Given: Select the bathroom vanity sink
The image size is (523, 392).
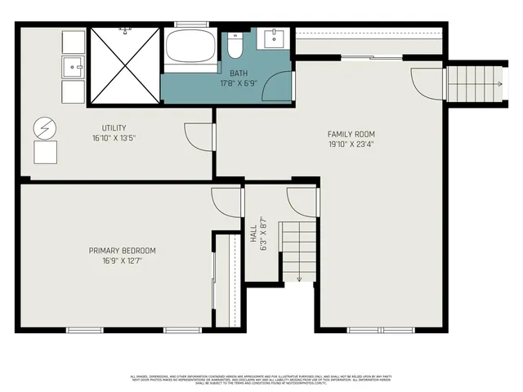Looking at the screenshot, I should click(273, 39).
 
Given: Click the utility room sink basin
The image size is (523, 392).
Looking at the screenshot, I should click(74, 66).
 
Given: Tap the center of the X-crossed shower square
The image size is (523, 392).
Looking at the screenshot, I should click(123, 65).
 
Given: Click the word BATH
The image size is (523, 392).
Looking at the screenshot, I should click(239, 73).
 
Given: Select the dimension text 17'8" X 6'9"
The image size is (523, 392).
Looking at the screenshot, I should click(239, 82).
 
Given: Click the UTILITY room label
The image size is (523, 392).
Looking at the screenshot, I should click(114, 128).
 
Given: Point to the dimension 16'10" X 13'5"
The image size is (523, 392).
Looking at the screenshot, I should click(114, 138).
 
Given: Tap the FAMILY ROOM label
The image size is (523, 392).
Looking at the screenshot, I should click(351, 135).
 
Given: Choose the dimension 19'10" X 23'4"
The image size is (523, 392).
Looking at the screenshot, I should click(351, 145).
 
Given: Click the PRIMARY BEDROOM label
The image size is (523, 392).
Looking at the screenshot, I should click(123, 251).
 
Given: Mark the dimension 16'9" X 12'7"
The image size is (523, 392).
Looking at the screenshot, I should click(123, 261).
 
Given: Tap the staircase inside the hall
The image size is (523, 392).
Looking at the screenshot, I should click(298, 250).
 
